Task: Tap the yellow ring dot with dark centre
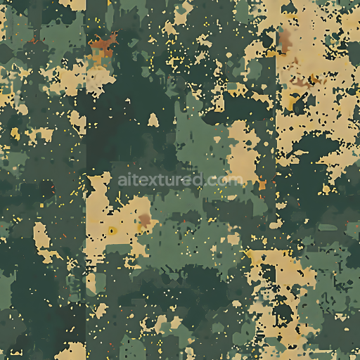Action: pyautogui.click(x=112, y=230)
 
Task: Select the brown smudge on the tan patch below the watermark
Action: pyautogui.click(x=146, y=221)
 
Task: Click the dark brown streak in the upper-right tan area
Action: pyautogui.click(x=301, y=83)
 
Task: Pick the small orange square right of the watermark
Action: pyautogui.click(x=262, y=186)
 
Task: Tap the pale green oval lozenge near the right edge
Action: pyautogui.click(x=328, y=227)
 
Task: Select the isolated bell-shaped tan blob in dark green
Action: pyautogui.click(x=153, y=120)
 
